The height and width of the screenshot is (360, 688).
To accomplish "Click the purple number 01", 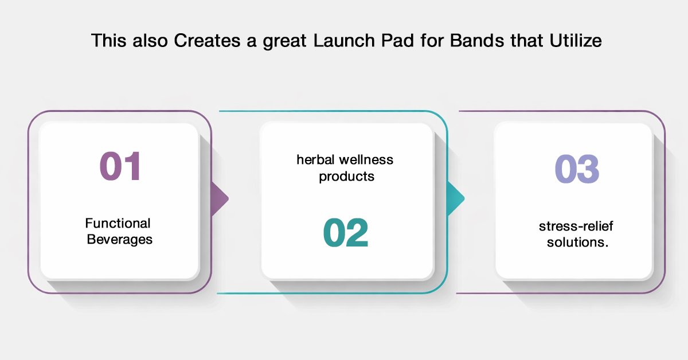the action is pyautogui.click(x=120, y=166).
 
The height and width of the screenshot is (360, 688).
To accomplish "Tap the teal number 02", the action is pyautogui.click(x=346, y=232).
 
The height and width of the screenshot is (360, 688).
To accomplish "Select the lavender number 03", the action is pyautogui.click(x=577, y=169).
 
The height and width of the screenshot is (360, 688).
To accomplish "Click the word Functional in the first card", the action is pyautogui.click(x=118, y=224).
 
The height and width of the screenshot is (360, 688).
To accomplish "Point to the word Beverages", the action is pyautogui.click(x=119, y=240).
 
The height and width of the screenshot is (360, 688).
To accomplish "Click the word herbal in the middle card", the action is pyautogui.click(x=315, y=160).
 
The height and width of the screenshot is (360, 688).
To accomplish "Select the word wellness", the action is pyautogui.click(x=366, y=160).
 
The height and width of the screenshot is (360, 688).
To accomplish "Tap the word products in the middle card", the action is pyautogui.click(x=346, y=177).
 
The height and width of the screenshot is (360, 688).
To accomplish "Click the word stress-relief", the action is pyautogui.click(x=576, y=226).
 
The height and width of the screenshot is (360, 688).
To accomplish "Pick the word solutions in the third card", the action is pyautogui.click(x=577, y=242).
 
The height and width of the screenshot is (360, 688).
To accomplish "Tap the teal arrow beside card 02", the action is pyautogui.click(x=456, y=198).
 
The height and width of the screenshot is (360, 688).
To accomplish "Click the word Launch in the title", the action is pyautogui.click(x=344, y=41).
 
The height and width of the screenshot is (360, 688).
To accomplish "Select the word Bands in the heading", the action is pyautogui.click(x=477, y=41).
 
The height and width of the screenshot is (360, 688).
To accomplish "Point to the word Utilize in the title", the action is pyautogui.click(x=576, y=41).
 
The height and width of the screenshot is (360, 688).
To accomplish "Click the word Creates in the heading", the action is pyautogui.click(x=207, y=41).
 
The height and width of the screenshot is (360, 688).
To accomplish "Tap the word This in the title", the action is pyautogui.click(x=109, y=41).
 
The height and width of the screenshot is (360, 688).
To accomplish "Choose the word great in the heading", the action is pyautogui.click(x=285, y=42).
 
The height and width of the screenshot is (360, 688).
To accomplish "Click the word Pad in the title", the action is pyautogui.click(x=398, y=41).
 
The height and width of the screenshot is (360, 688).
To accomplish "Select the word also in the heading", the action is pyautogui.click(x=150, y=41).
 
